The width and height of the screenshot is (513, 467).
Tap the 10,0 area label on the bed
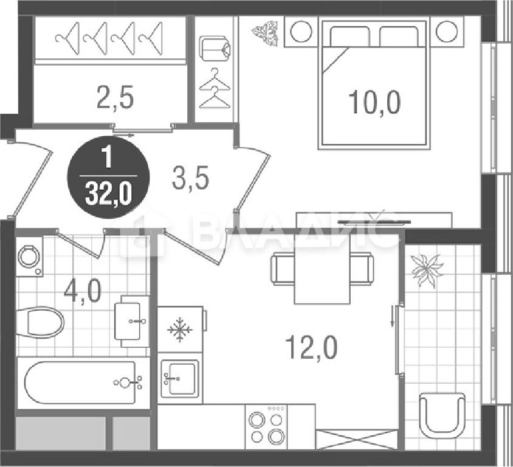click(x=374, y=102)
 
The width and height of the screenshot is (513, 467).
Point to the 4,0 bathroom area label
click(x=83, y=292)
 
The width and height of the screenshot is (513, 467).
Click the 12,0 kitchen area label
click(x=311, y=348)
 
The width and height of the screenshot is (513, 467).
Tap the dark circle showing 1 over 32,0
click(x=108, y=178)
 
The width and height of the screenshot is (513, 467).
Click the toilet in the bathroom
click(x=40, y=322)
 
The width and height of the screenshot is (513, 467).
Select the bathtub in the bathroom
click(x=80, y=382)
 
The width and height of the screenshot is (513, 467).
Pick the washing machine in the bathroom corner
click(x=29, y=257)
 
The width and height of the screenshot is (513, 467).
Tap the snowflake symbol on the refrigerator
click(x=180, y=329)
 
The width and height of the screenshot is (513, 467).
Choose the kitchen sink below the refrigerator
click(x=180, y=378)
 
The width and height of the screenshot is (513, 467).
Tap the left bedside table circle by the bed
click(x=301, y=32)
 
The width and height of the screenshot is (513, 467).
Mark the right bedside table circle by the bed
click(x=447, y=32)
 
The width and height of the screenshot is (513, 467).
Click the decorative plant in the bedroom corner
click(x=266, y=33)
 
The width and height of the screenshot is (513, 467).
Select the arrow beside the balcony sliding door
click(x=392, y=316)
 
